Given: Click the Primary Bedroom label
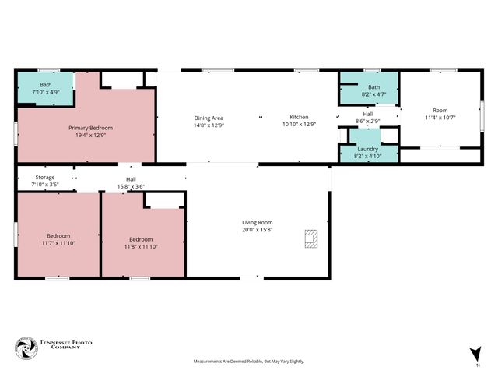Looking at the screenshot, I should tap(90, 128).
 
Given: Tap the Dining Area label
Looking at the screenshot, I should tap(209, 118).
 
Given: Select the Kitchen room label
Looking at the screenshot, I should tap(300, 118).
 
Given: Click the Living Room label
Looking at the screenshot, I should tap(257, 223).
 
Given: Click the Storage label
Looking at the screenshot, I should tap(44, 178).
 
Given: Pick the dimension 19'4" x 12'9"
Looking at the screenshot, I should tap(90, 135).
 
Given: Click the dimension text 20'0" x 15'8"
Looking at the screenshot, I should tap(257, 230).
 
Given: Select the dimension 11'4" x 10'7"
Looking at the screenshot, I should tap(440, 118).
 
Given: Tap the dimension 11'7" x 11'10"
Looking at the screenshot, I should tap(58, 243).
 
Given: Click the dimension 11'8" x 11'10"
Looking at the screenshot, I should tap(141, 246).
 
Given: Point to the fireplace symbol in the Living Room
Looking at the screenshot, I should tap(310, 238).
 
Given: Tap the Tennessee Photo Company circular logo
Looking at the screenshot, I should tap(26, 348).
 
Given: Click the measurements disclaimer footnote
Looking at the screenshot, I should tap(249, 362).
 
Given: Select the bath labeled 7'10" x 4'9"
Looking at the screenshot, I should tap(45, 92).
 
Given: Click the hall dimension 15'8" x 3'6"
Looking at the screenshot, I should tap(131, 185).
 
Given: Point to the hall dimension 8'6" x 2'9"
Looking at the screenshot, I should tap(368, 121).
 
